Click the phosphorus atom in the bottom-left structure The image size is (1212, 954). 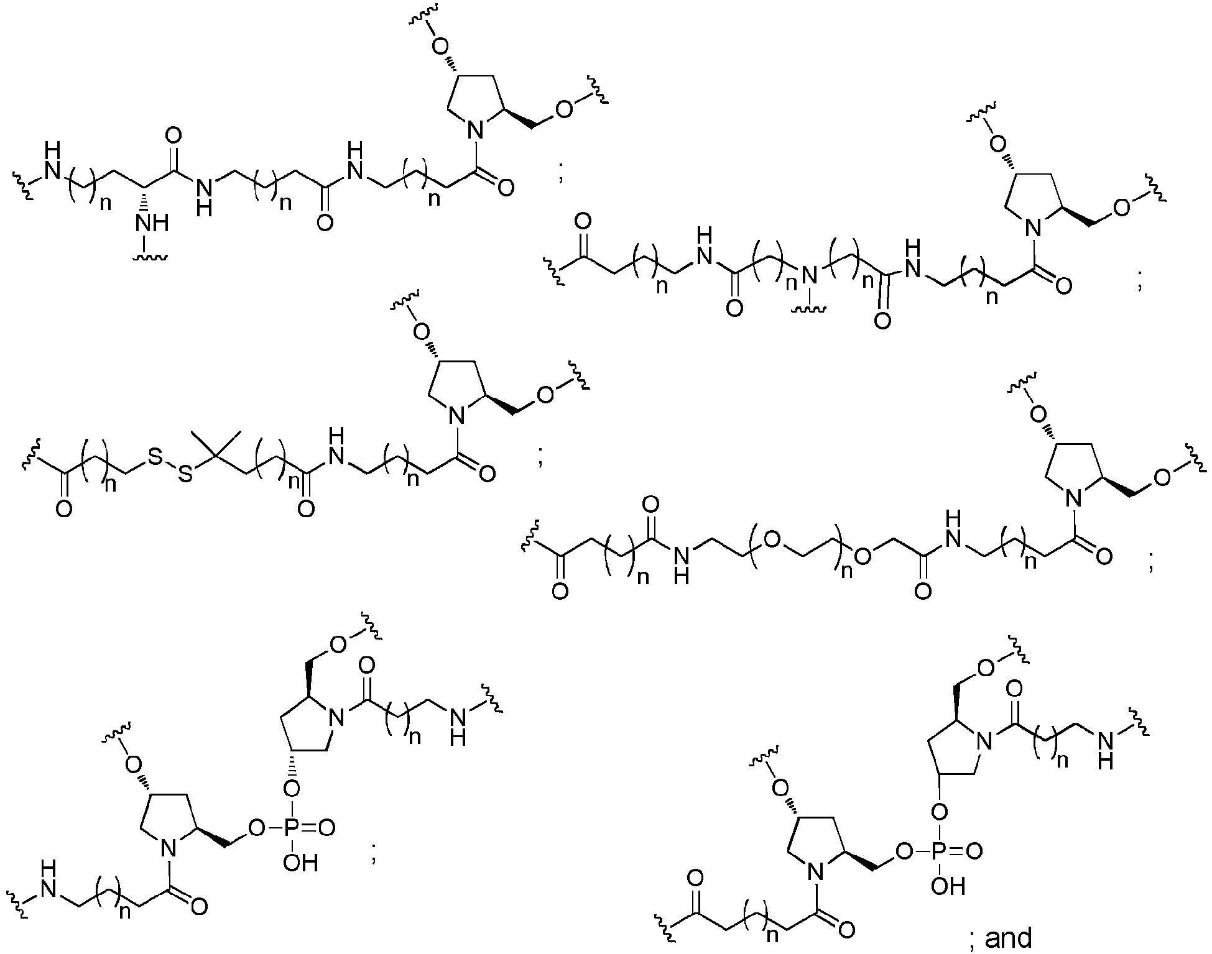point(292,827)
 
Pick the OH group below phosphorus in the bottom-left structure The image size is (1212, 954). point(300,863)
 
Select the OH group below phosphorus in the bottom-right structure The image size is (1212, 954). point(948,886)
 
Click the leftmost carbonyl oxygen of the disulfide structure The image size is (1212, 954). point(63,509)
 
